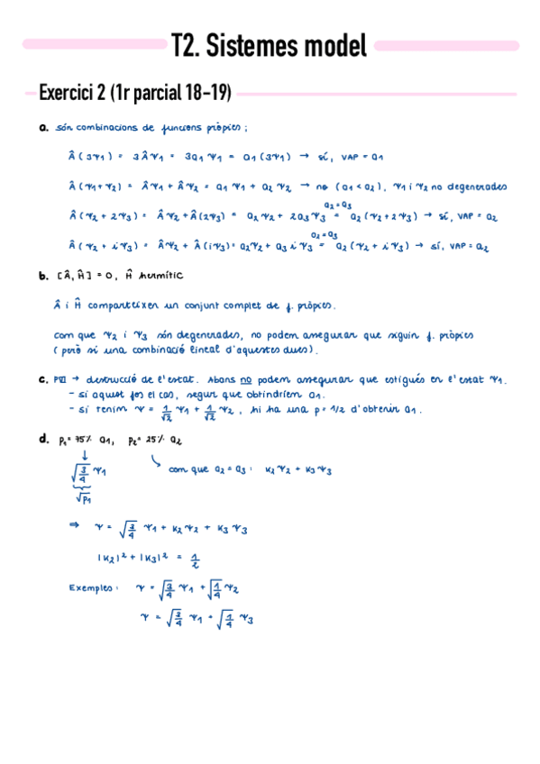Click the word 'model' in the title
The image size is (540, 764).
(332, 45)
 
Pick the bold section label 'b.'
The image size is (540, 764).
(43, 276)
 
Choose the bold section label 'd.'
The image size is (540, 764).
(43, 438)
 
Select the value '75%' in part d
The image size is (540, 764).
(75, 439)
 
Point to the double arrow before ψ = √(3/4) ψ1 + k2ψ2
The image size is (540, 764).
(75, 523)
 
